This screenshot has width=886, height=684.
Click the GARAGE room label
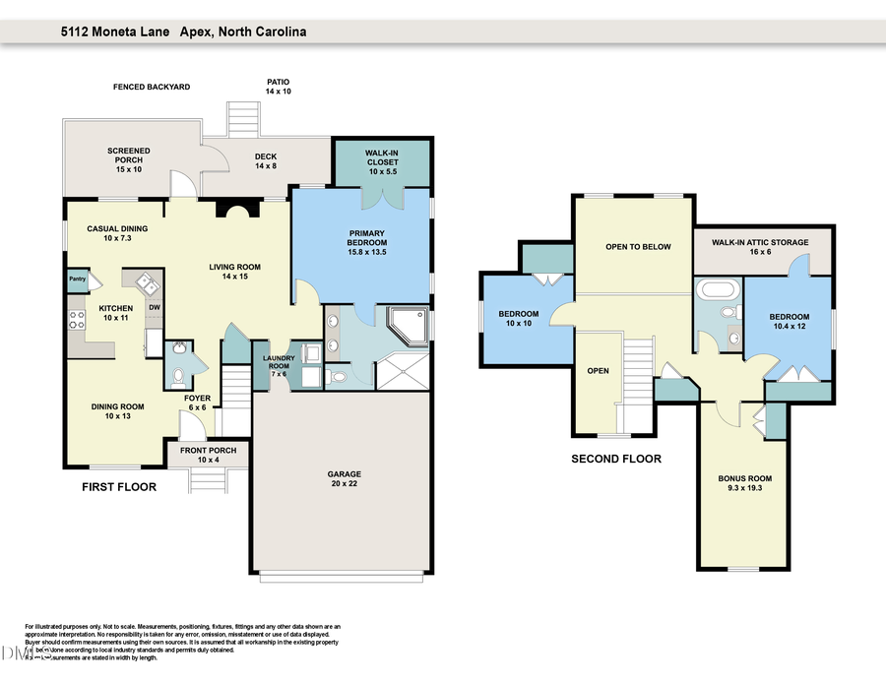pos(344,478)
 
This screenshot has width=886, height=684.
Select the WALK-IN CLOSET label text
pos(382,156)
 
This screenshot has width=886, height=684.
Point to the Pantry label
pos(78,280)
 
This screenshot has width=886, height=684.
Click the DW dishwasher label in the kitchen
pos(154,307)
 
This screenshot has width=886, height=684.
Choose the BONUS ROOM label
pos(744,483)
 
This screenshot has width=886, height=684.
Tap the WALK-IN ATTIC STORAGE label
pos(760,242)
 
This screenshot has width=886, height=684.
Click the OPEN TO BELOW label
pos(638,247)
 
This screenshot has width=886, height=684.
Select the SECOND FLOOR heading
pos(616,459)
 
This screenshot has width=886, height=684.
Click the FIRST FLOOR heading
pos(118,486)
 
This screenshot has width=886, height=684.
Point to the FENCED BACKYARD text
pos(151,88)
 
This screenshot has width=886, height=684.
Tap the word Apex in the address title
pos(197,31)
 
